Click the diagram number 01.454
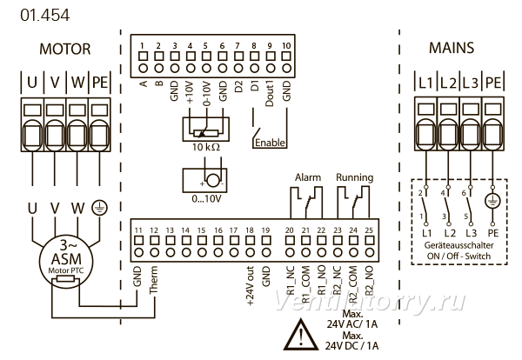coord(45,16)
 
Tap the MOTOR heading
coord(65,50)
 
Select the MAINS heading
coord(452,48)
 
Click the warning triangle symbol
coord(301,335)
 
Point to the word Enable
coord(270,143)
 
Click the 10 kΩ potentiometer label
coord(206,147)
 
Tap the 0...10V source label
coord(206,199)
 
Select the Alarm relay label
coord(308,177)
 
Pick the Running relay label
coord(355,177)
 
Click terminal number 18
coord(250,230)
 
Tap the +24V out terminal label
coord(251,286)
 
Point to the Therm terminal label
coord(153,280)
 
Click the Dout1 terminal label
coord(270,94)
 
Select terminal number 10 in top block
coord(286,45)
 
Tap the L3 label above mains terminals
coord(470,83)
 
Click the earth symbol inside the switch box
coord(492,201)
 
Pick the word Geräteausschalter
coord(458,245)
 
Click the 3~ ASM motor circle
coord(66,259)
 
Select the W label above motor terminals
coord(78,82)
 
